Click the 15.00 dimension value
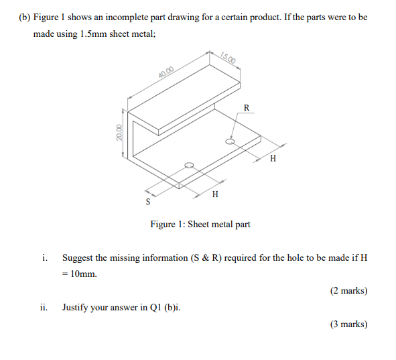(228, 58)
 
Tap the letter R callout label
(246, 108)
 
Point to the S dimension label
(148, 201)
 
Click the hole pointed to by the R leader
(230, 141)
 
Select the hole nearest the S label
(188, 164)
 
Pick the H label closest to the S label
(214, 194)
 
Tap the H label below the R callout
(272, 159)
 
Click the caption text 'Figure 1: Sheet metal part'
(200, 224)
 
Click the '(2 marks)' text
(348, 290)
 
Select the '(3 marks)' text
(348, 324)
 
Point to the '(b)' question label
(25, 16)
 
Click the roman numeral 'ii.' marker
(44, 308)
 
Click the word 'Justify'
(76, 308)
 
